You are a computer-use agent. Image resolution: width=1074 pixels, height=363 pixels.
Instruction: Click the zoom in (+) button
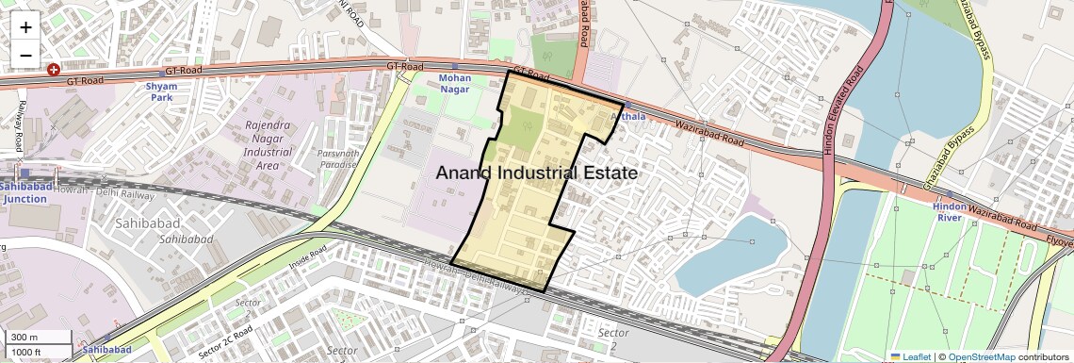pos(25,26)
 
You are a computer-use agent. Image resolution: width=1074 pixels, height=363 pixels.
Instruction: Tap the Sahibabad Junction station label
pos(24,193)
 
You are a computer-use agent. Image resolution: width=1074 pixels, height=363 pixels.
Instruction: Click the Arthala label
pos(628,117)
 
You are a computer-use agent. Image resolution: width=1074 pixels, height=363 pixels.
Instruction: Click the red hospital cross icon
pos(54,70)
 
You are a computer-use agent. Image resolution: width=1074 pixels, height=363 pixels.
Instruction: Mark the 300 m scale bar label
pos(24,338)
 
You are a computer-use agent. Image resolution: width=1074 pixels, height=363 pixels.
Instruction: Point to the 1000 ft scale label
pos(26,352)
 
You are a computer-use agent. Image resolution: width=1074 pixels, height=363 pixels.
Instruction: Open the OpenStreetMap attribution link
pos(981,356)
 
